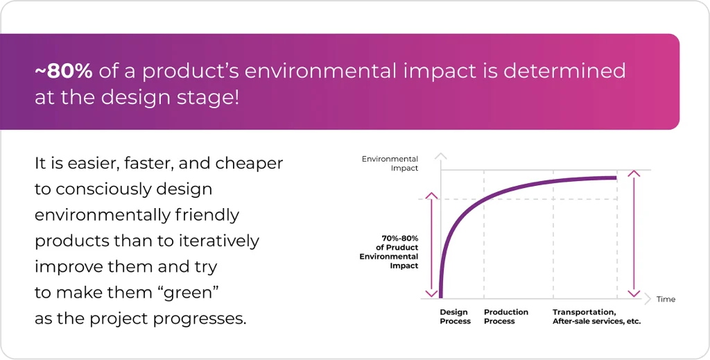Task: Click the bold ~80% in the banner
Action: [64, 70]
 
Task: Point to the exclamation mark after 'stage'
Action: [236, 97]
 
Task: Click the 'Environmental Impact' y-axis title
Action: [390, 164]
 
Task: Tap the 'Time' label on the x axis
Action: [666, 300]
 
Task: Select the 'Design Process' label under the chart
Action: [455, 317]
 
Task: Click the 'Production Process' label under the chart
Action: [506, 317]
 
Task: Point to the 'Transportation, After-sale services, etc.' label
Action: [596, 317]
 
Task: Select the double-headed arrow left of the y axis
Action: [431, 243]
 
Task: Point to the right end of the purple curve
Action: [616, 178]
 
